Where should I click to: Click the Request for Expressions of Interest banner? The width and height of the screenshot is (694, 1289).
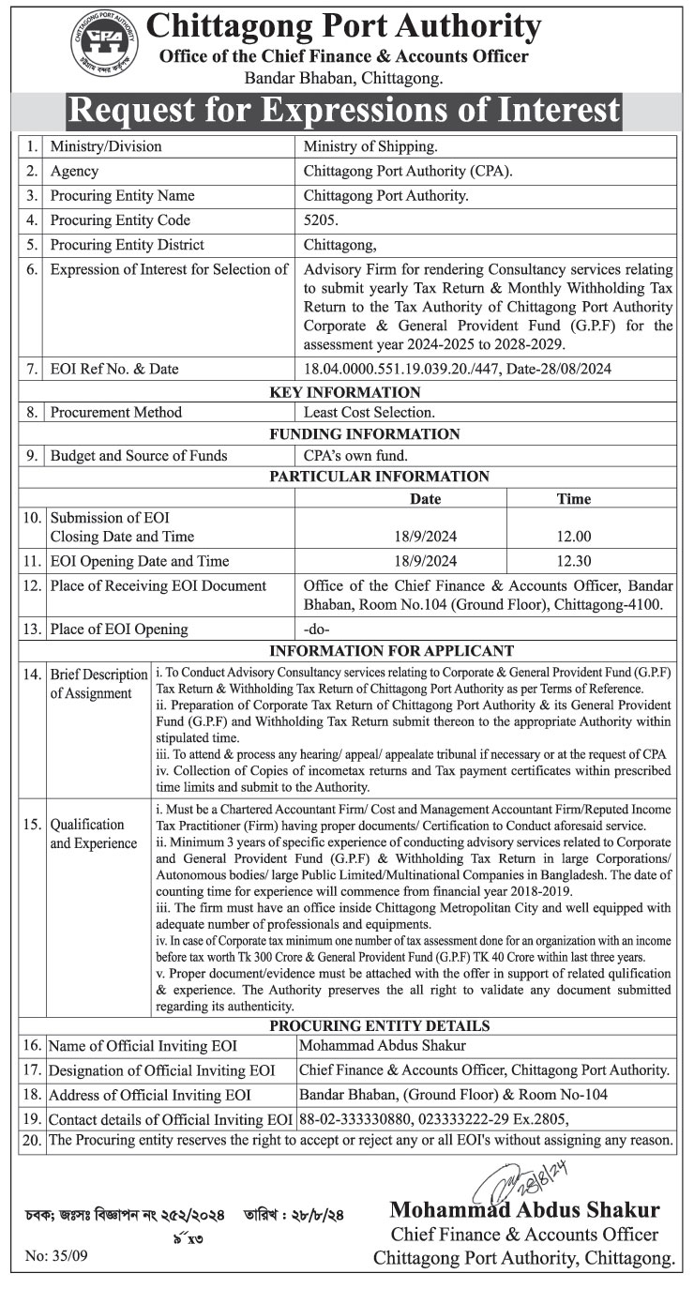(x=345, y=111)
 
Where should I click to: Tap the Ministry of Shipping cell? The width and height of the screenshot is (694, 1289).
(x=370, y=146)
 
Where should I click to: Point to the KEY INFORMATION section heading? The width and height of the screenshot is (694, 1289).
(x=345, y=392)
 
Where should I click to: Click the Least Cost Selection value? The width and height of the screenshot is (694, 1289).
(x=370, y=412)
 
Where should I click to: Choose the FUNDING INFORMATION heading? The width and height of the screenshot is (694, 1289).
(x=364, y=434)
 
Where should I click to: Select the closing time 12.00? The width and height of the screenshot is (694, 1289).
(x=573, y=537)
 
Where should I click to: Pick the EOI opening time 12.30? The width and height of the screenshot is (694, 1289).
(x=573, y=561)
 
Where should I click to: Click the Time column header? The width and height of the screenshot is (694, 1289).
(x=573, y=499)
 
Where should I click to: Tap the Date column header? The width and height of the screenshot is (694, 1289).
(x=425, y=499)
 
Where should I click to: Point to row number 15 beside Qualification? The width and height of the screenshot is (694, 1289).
(x=33, y=825)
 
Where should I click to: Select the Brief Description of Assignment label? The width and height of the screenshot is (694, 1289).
(x=98, y=684)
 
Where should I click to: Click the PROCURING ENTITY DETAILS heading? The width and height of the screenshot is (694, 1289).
(x=379, y=1026)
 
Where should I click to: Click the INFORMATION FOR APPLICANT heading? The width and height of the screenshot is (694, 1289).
(x=391, y=651)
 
